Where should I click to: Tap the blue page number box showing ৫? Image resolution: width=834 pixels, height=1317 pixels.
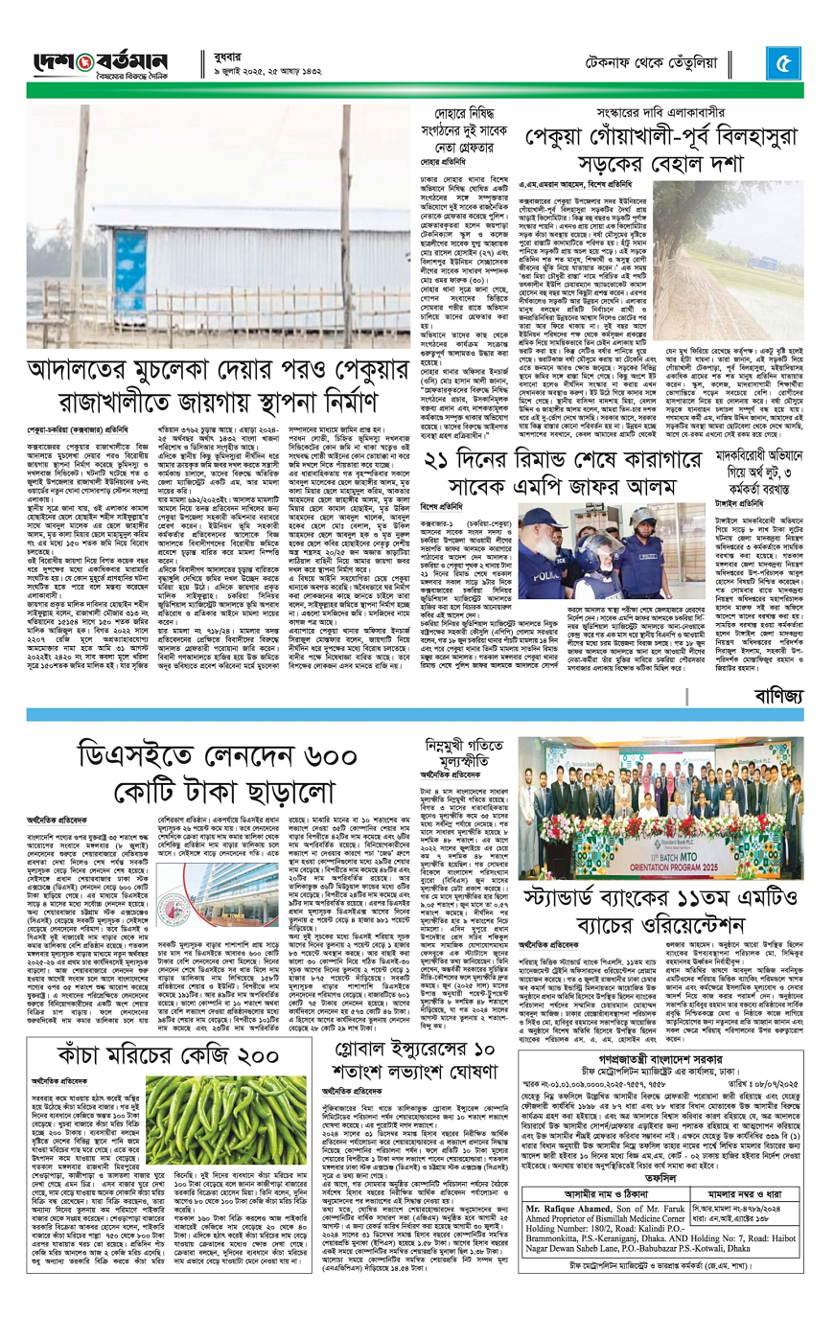pyautogui.click(x=784, y=63)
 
